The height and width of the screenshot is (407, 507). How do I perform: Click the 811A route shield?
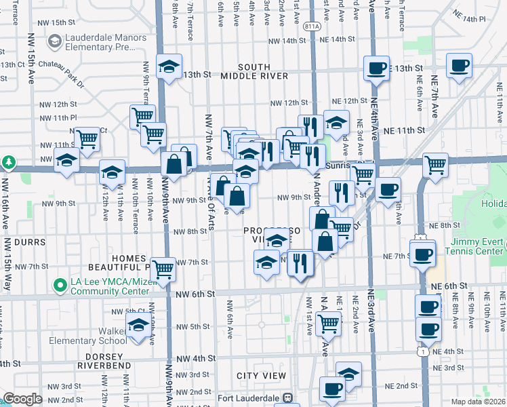(x=312, y=26)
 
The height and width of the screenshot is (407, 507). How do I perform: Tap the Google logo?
(x=22, y=398)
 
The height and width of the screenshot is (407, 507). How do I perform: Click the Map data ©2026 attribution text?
(x=478, y=401)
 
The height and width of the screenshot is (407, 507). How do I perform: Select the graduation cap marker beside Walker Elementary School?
(x=139, y=325)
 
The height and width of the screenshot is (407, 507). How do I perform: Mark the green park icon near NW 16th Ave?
(x=8, y=163)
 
